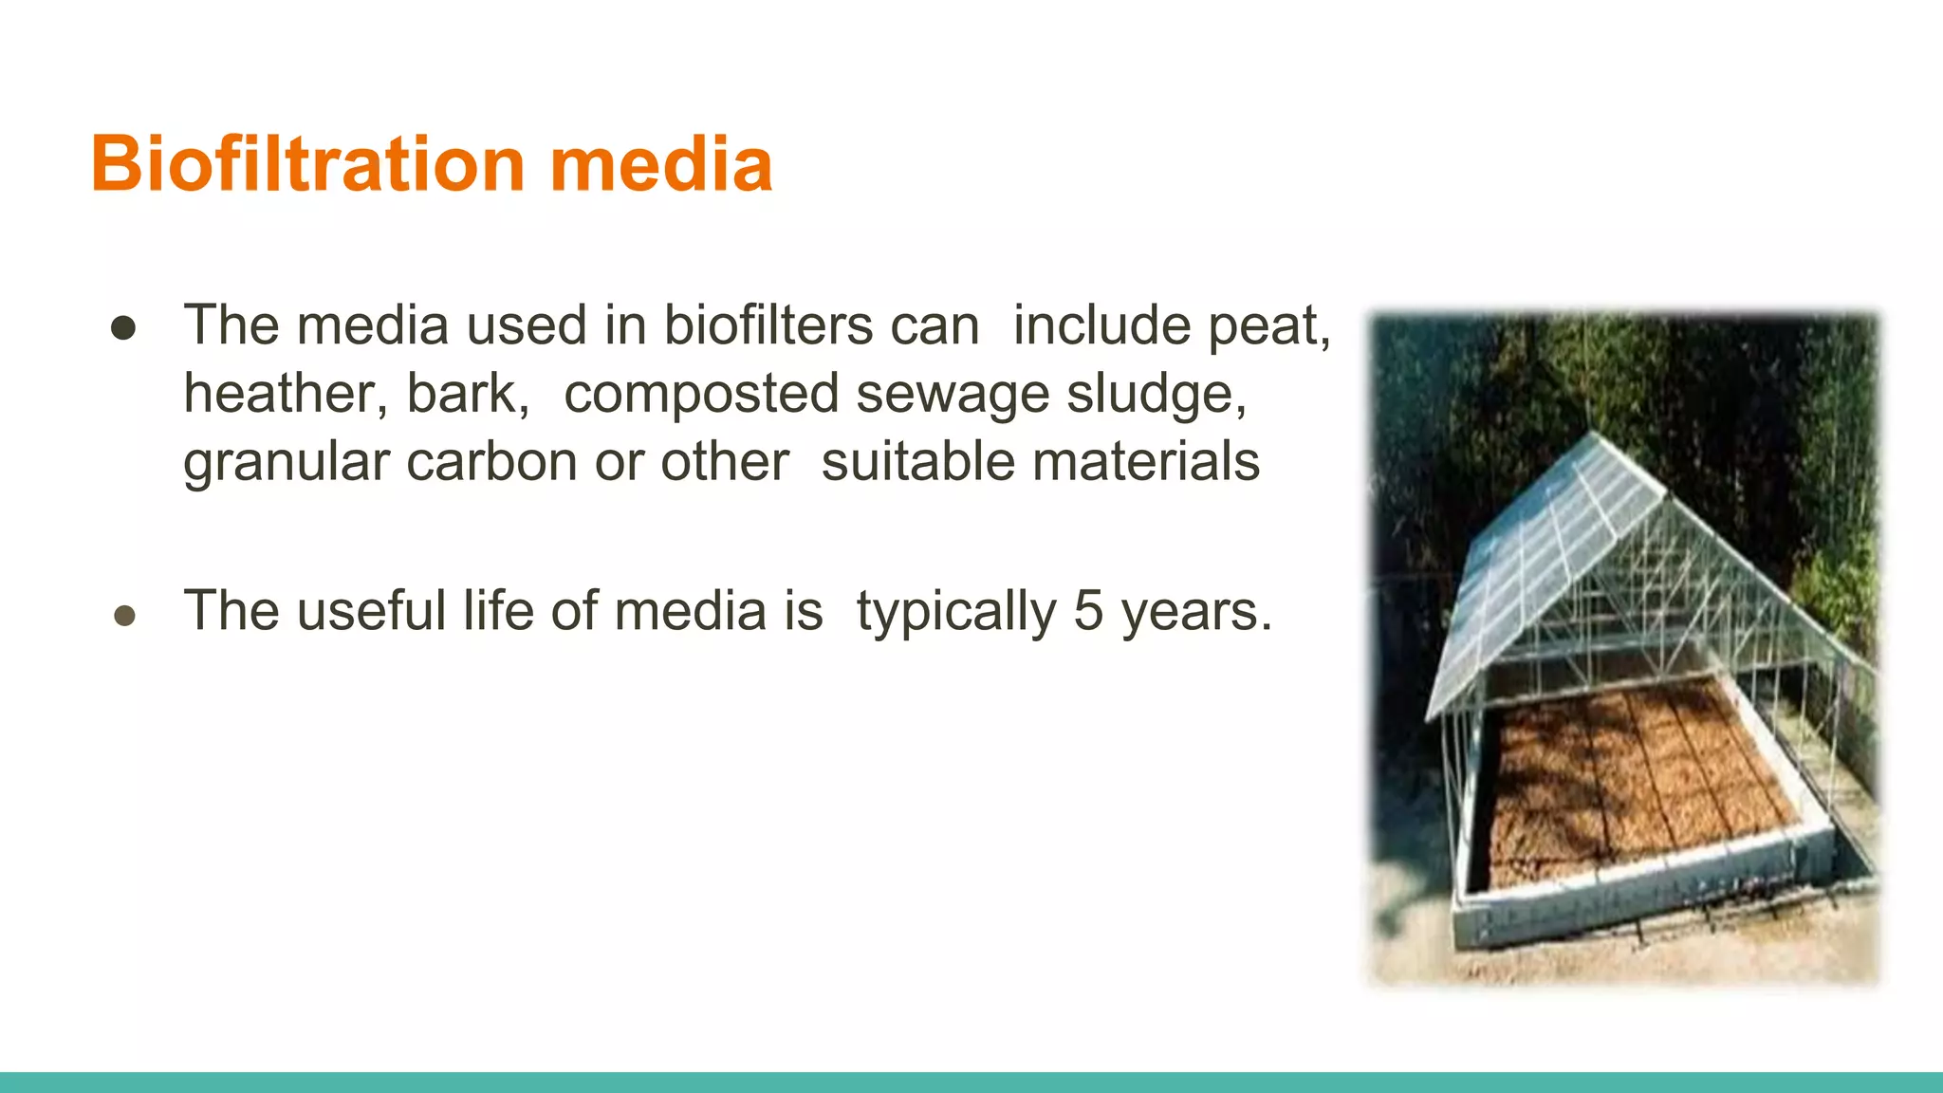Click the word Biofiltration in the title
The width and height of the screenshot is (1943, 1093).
point(308,164)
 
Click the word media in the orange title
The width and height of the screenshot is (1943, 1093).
point(661,164)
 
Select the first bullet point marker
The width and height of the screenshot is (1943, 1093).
point(123,328)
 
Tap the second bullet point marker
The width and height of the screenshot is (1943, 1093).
point(124,616)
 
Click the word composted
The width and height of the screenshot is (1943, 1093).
point(701,395)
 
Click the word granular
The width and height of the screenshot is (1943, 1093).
point(286,463)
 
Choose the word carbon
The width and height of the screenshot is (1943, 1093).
point(492,462)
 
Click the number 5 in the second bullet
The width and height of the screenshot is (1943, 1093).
point(1088,610)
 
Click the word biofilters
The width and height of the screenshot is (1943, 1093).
point(768,325)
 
